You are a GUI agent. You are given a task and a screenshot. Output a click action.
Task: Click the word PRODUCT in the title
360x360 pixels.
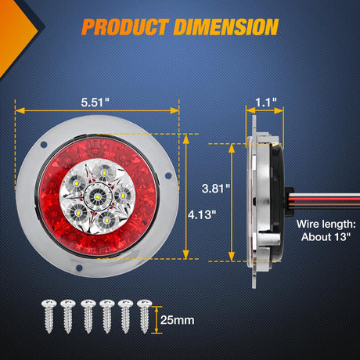pos(125,27)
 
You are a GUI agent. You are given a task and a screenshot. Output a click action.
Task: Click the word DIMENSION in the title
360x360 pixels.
pos(226,27)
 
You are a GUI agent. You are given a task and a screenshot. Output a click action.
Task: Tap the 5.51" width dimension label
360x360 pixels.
pos(95,103)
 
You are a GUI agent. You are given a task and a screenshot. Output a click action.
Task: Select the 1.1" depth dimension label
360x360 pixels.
pos(265,103)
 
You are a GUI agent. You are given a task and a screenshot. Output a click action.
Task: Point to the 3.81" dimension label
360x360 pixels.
pos(216,189)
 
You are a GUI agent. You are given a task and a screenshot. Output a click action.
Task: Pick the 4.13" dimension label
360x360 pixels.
pos(202,215)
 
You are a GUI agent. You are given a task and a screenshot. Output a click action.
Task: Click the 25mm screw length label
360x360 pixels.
pos(178,320)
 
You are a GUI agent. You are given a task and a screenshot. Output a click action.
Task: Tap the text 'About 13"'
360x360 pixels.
pos(326,237)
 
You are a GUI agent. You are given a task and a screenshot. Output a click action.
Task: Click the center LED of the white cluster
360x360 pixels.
pos(98,196)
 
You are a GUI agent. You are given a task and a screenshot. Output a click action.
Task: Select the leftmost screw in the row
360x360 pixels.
pos(49,316)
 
